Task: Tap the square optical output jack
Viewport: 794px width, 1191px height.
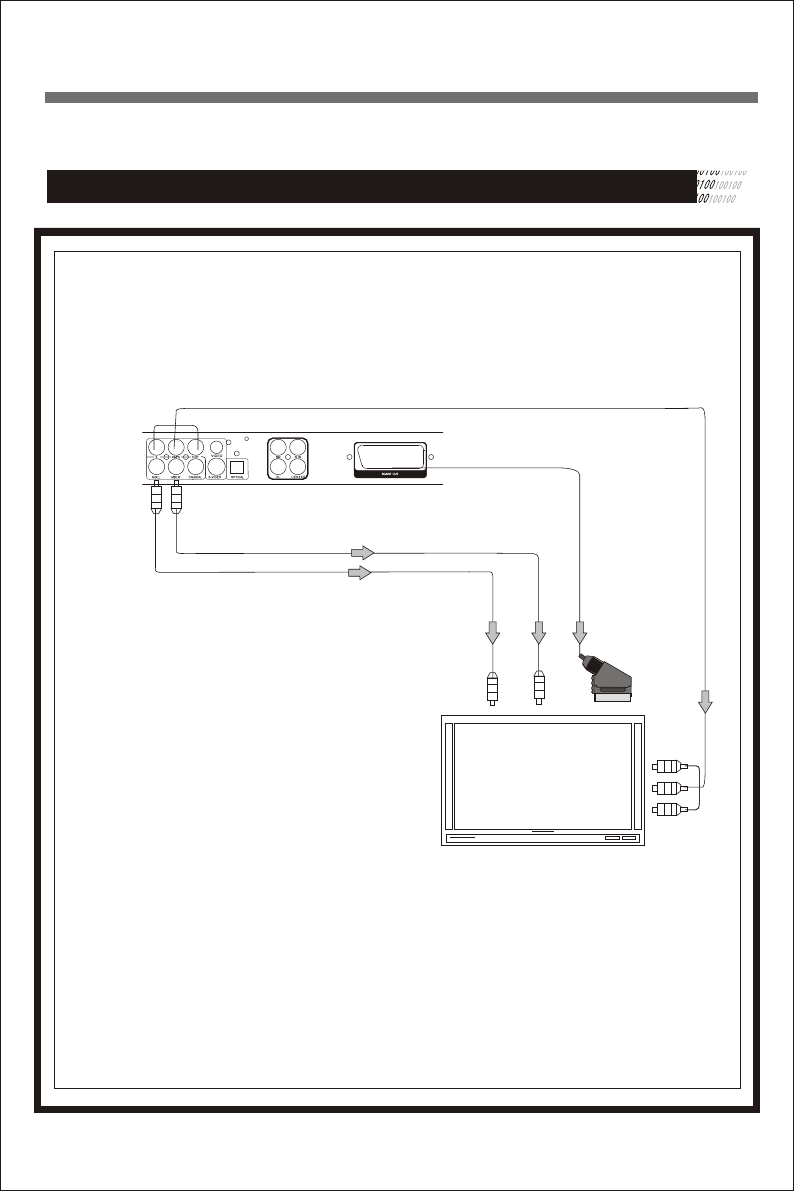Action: point(238,466)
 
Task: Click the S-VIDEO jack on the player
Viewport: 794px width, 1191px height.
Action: point(214,466)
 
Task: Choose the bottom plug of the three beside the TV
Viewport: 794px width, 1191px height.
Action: point(668,811)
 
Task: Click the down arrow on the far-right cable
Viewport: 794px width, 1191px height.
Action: point(706,703)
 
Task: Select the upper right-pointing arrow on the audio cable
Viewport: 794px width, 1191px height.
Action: point(362,552)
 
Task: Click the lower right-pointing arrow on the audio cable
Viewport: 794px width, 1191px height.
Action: point(358,573)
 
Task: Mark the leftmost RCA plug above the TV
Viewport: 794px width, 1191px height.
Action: point(491,689)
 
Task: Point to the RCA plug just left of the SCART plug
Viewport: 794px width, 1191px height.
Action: point(539,687)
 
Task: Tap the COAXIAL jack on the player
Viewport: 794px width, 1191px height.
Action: point(197,466)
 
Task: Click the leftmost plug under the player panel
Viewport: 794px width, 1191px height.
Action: point(156,499)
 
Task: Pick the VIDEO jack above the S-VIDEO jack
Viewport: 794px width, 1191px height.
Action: point(216,448)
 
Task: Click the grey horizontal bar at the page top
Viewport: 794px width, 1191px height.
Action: point(401,98)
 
